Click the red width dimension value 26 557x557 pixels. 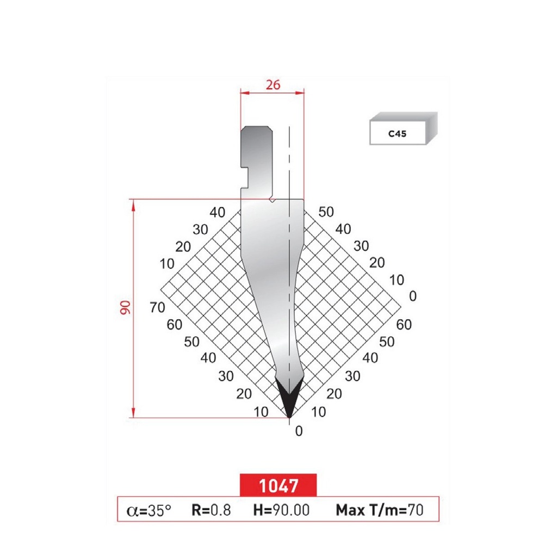[273, 84]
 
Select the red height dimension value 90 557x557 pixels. [126, 308]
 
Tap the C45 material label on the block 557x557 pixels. [397, 132]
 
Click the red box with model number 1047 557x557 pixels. [278, 484]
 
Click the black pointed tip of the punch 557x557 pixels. [289, 400]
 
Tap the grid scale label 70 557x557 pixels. [157, 307]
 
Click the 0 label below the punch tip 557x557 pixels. [298, 431]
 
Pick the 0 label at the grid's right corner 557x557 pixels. [412, 296]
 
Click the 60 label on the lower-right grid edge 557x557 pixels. [404, 325]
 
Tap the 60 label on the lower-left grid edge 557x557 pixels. [175, 325]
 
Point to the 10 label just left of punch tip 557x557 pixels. [261, 412]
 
